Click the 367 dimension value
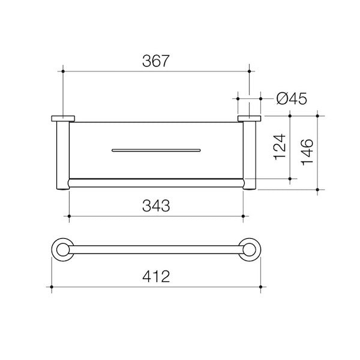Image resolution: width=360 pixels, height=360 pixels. click(x=155, y=61)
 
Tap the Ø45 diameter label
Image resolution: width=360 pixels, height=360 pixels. click(x=292, y=98)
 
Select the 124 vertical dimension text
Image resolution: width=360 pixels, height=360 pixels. click(x=279, y=147)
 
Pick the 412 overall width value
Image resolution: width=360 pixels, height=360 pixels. click(x=157, y=277)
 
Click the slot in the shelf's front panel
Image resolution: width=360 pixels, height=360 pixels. click(x=155, y=148)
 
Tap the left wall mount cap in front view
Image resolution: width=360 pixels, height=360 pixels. click(x=62, y=118)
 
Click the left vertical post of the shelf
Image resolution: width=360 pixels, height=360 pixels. click(x=63, y=156)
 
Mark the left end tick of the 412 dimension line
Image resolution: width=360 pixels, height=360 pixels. click(x=52, y=288)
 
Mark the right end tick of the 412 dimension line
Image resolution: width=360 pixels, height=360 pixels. click(x=260, y=288)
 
